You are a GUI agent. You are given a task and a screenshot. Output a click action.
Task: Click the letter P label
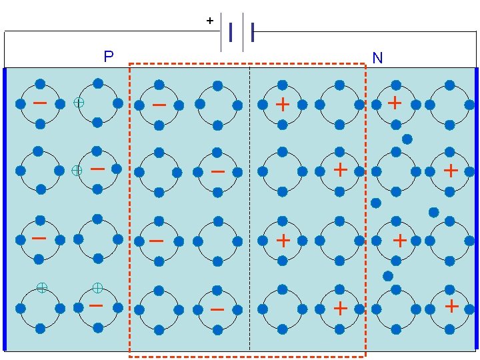109,57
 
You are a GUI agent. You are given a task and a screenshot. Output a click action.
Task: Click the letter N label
377,59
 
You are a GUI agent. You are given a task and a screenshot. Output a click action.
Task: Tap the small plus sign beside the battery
210,21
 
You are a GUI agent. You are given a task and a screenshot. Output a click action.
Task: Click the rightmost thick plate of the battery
253,31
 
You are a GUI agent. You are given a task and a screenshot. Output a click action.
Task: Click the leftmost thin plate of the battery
221,31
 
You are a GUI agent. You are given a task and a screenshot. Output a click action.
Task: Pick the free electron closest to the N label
407,139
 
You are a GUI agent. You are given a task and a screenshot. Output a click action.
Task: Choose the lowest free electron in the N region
388,275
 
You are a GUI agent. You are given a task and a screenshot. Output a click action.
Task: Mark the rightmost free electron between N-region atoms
433,212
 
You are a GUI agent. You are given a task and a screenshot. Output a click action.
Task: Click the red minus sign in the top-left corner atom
40,103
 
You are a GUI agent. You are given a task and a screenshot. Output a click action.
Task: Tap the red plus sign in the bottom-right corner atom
451,306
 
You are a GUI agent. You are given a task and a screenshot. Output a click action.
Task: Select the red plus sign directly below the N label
395,103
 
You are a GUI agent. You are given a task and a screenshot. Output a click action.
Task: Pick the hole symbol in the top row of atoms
79,103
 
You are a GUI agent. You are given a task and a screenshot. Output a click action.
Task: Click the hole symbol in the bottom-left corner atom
41,287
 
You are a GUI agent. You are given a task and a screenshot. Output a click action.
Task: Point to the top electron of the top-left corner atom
40,84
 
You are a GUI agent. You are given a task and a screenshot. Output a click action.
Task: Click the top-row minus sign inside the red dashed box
159,105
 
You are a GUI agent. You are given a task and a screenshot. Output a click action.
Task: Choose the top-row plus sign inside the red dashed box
283,104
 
